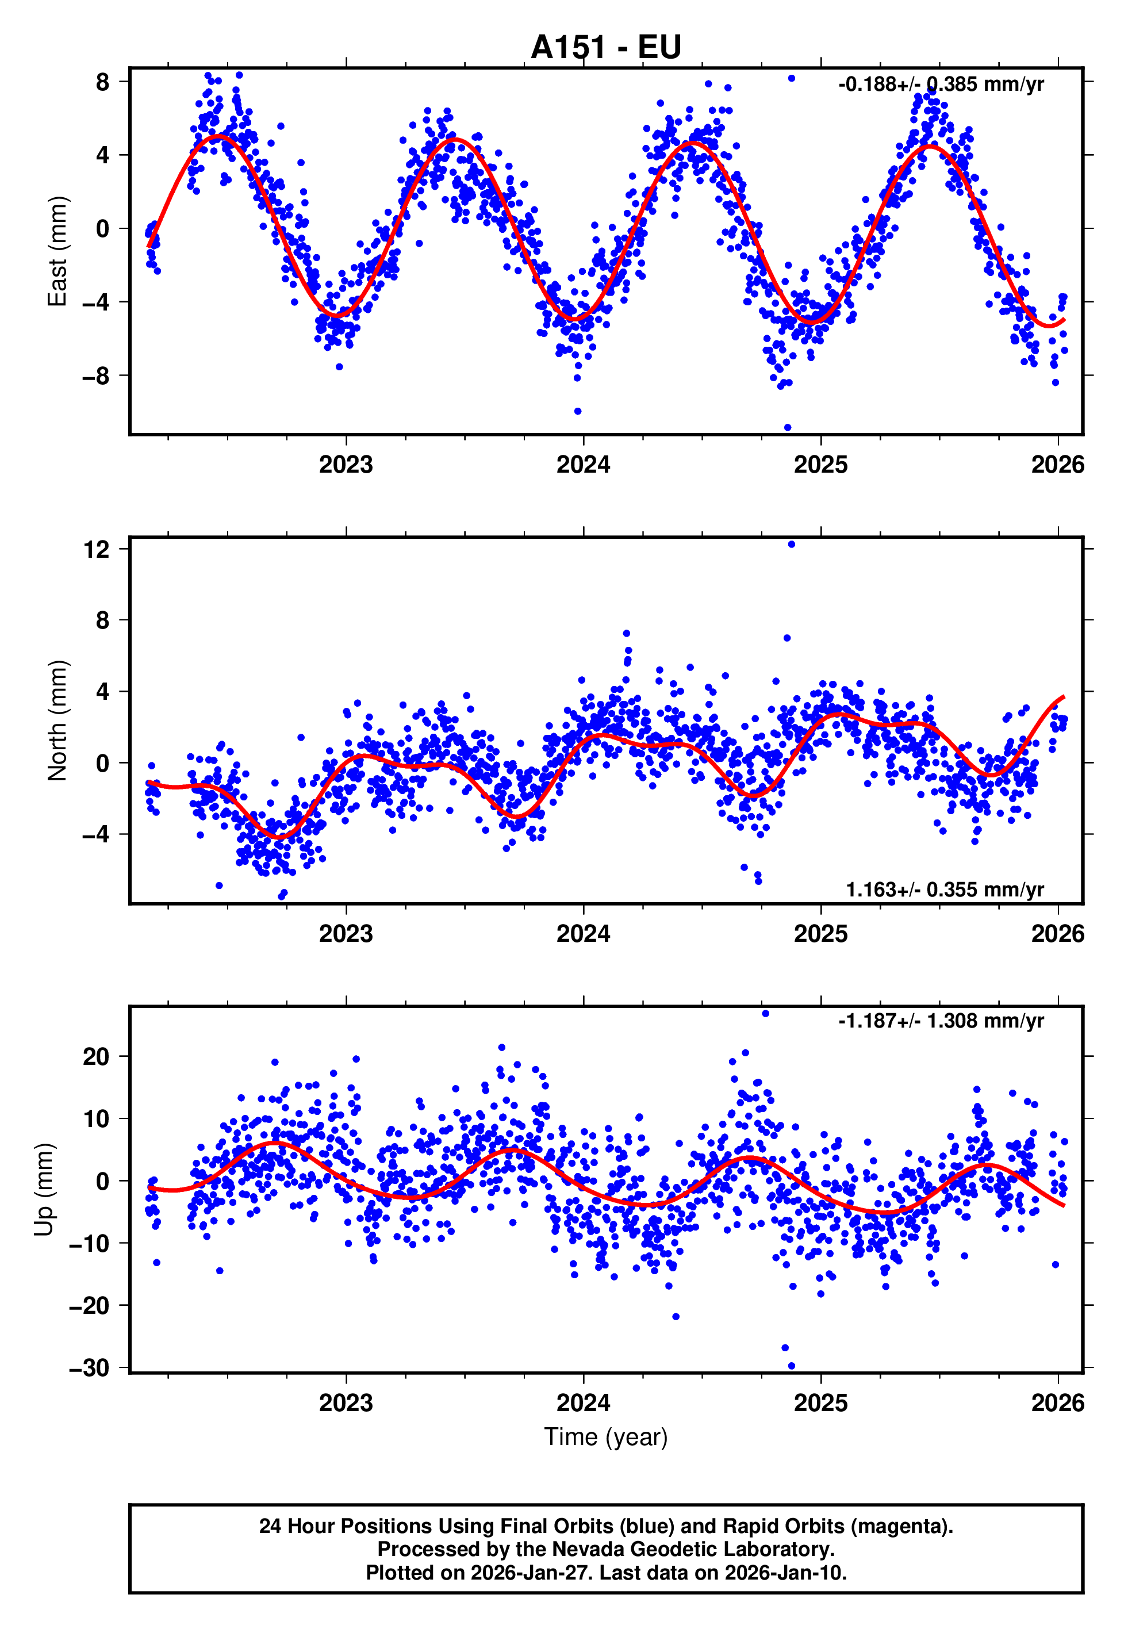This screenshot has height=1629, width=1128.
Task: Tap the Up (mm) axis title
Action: point(44,1190)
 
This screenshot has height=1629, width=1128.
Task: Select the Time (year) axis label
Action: point(606,1437)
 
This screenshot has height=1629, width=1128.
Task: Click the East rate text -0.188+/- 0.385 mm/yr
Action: point(941,85)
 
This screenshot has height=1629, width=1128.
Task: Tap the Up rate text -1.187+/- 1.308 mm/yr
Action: point(941,1021)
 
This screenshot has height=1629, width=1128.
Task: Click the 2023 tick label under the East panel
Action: point(346,465)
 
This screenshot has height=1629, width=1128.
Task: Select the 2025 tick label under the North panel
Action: point(820,934)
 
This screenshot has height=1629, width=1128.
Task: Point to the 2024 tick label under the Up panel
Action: point(583,1403)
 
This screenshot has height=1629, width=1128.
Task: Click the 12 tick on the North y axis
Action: point(97,549)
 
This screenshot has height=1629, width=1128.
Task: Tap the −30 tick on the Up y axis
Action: point(90,1367)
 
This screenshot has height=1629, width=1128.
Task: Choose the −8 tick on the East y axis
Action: point(95,376)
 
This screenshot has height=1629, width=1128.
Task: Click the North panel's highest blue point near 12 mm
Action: point(792,544)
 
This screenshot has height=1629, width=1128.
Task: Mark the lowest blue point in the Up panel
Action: point(792,1366)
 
